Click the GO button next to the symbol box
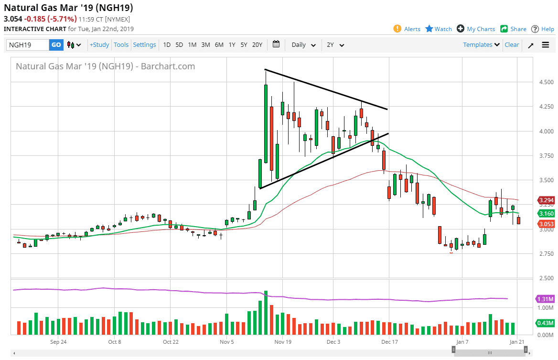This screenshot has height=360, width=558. tap(56, 45)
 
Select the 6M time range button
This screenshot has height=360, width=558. tap(219, 45)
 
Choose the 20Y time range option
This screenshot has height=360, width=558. tap(257, 45)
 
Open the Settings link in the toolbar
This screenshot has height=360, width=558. tap(144, 45)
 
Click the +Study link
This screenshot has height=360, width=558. tap(99, 45)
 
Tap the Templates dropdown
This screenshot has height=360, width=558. tap(481, 45)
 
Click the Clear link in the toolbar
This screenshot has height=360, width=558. tap(512, 45)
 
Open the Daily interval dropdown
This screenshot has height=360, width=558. tap(303, 45)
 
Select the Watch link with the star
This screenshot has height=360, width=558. tap(438, 29)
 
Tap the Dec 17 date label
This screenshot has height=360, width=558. tap(389, 342)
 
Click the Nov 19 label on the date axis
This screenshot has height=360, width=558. tap(283, 342)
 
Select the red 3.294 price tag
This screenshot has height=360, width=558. tap(546, 200)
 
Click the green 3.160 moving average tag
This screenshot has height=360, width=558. tap(546, 214)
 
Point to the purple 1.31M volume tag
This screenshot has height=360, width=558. tap(545, 299)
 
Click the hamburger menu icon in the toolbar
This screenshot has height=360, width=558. tap(546, 45)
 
